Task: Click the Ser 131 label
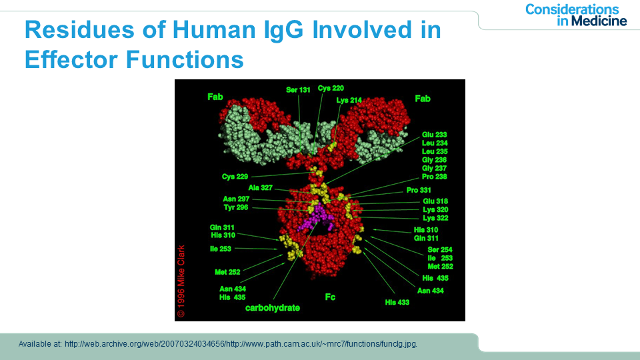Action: coord(298,90)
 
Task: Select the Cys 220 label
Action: coord(331,88)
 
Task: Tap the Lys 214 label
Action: coord(349,100)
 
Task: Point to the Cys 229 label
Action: coord(235,177)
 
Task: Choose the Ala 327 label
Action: coord(260,188)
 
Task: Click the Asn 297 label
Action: coord(236,199)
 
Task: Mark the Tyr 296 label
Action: coord(236,207)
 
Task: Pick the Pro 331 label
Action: coord(419,190)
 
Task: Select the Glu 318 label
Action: coord(435,201)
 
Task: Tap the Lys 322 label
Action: coord(435,218)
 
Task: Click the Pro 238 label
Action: coord(434,177)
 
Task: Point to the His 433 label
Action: coord(397,303)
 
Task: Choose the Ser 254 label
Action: coord(439,250)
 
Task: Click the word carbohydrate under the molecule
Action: coord(273,308)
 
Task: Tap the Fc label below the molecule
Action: coord(330,297)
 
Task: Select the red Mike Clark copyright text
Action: coord(181,281)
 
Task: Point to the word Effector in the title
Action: coord(72,59)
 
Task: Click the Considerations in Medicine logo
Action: coord(576,15)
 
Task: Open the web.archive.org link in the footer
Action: coord(241,344)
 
